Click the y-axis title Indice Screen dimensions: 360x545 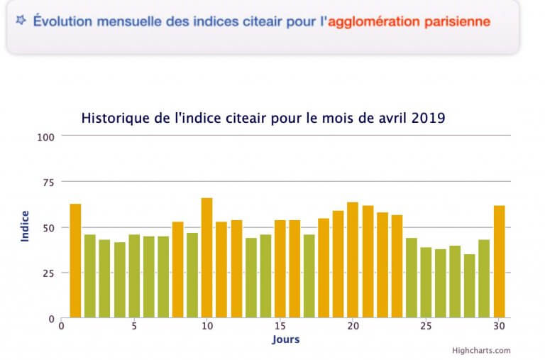pos(25,227)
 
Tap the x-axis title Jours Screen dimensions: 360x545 pos(285,339)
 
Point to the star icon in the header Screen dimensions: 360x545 pos(21,20)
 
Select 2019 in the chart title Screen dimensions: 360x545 pos(429,118)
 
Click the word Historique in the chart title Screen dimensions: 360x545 pos(111,118)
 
